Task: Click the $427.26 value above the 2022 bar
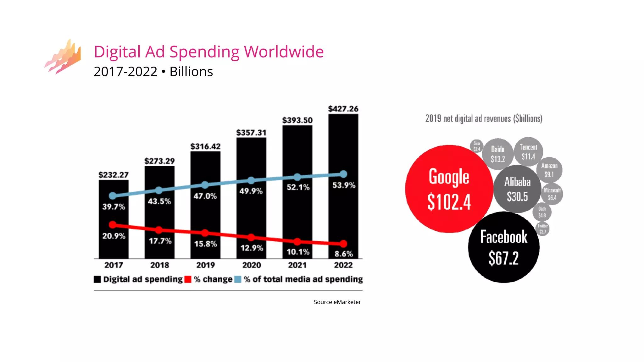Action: pos(343,109)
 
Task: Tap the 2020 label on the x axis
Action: pos(251,265)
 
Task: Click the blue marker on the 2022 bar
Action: pos(343,174)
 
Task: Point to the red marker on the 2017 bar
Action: pos(113,225)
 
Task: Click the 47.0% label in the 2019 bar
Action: pos(205,196)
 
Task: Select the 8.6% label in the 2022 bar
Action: pos(343,254)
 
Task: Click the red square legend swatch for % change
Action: pos(188,279)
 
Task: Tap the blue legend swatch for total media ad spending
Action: pos(238,279)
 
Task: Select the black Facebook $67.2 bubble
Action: pos(503,247)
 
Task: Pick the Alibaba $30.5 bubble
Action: pos(517,189)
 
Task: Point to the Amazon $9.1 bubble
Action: pos(549,170)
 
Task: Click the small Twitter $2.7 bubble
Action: pos(542,229)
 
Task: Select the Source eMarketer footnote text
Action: pos(337,302)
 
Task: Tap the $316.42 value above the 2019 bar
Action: pos(205,146)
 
